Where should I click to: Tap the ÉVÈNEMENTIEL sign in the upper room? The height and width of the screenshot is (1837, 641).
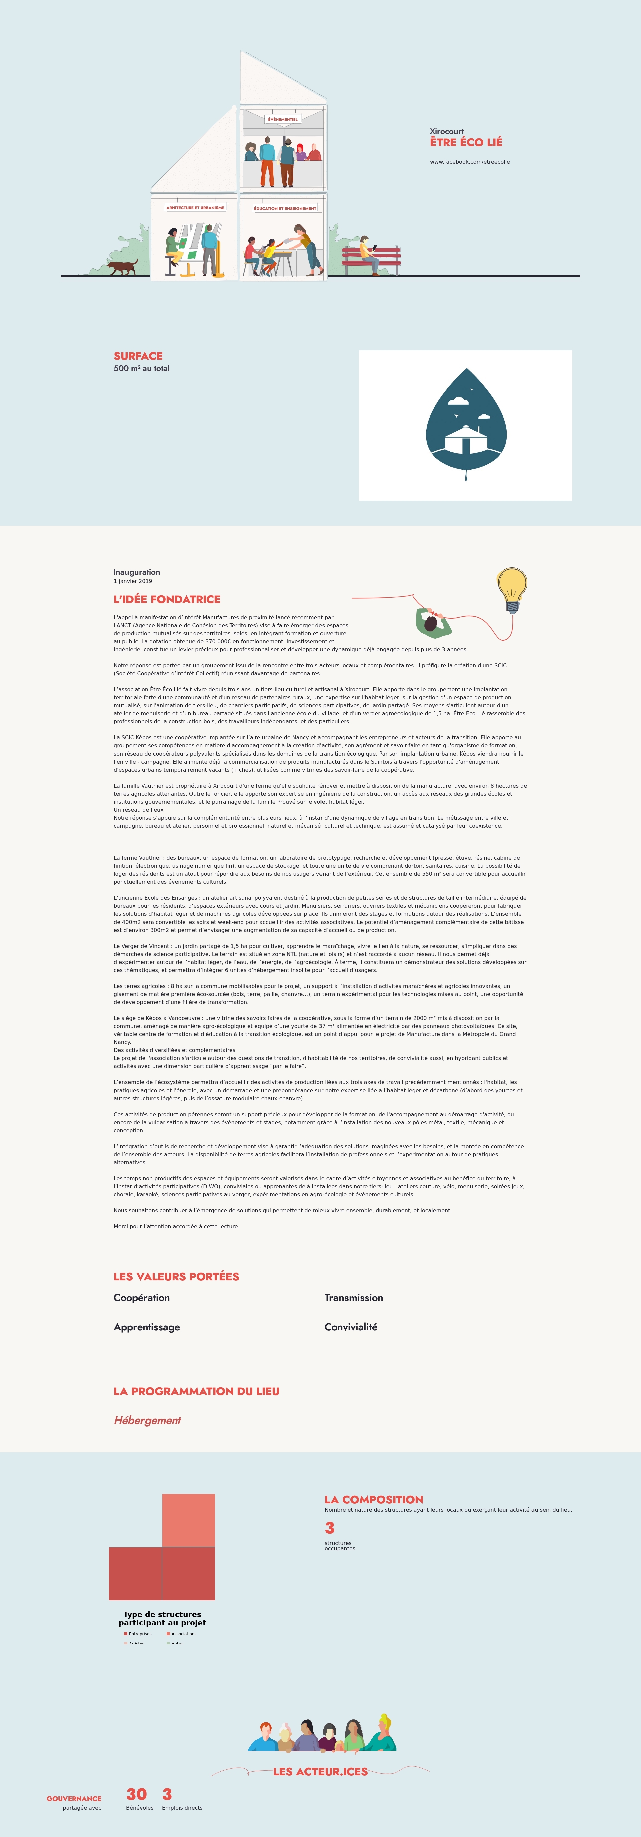pyautogui.click(x=283, y=119)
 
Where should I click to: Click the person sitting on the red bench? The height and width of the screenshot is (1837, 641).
pyautogui.click(x=367, y=253)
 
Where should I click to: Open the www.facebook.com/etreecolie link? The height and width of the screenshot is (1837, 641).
pyautogui.click(x=469, y=162)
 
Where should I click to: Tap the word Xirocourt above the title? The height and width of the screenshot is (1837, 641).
pyautogui.click(x=446, y=131)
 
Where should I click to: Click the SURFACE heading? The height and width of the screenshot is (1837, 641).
pyautogui.click(x=138, y=356)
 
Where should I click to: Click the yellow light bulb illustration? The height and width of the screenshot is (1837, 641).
pyautogui.click(x=512, y=588)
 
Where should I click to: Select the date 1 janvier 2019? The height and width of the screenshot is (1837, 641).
pyautogui.click(x=133, y=581)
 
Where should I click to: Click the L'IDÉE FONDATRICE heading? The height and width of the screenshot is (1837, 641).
pyautogui.click(x=167, y=599)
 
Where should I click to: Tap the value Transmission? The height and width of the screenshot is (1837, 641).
pyautogui.click(x=353, y=1297)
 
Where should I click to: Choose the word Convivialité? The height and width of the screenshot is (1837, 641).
pyautogui.click(x=350, y=1326)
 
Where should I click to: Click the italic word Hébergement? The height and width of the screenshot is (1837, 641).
pyautogui.click(x=147, y=1420)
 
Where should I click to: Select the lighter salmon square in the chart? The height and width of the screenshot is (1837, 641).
pyautogui.click(x=188, y=1520)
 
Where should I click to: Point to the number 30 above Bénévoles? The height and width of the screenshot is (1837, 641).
pyautogui.click(x=136, y=1794)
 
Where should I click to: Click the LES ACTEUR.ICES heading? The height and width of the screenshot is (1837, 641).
pyautogui.click(x=320, y=1771)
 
